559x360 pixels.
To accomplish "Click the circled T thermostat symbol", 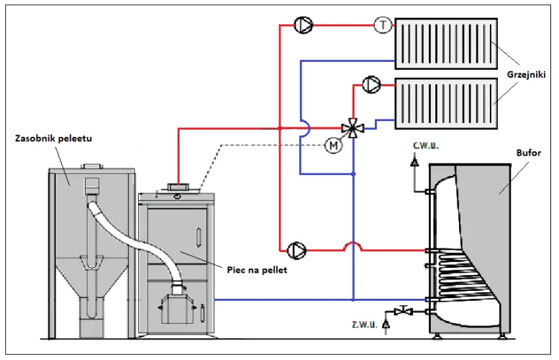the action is coord(383,25).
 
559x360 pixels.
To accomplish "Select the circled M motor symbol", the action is coord(333,145).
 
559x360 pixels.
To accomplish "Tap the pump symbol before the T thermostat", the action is coord(304,24).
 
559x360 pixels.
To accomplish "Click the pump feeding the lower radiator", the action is coord(371,85).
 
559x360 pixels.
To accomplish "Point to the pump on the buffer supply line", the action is coord(296,251).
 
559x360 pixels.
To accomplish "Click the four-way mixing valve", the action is coord(353,127).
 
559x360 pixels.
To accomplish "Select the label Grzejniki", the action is coord(526,75).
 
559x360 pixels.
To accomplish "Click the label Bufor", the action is coord(528,153).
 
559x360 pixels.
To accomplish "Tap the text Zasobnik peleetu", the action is coord(53,138).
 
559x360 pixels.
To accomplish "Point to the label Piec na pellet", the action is coord(257,270).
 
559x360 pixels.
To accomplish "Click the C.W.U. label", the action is coord(426,146).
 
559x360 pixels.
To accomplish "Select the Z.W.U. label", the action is coord(364,325).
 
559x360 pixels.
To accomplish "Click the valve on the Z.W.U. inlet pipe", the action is coord(404,310).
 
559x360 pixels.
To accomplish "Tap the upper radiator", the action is coord(446,43).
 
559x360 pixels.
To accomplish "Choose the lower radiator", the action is coord(446,104).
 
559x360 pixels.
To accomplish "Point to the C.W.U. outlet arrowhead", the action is coord(414,161).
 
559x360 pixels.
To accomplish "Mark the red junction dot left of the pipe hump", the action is coord(280,128).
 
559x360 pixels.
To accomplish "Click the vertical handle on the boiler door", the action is coord(199,236).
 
